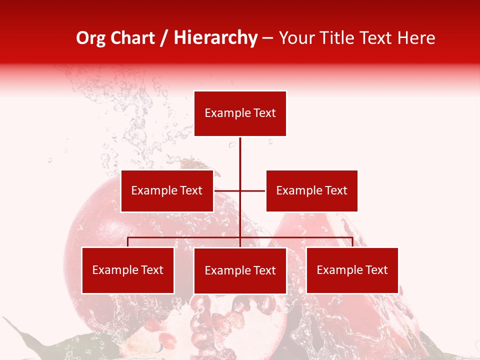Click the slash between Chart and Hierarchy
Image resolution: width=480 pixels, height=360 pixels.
click(164, 38)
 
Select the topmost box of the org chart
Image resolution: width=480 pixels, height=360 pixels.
click(240, 113)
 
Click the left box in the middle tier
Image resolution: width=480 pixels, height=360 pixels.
click(167, 190)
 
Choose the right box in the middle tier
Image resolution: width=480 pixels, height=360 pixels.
click(311, 190)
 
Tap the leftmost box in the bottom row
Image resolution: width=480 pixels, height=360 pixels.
click(128, 270)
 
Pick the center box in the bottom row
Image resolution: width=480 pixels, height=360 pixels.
click(240, 271)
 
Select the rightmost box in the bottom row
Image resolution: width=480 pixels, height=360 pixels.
click(352, 270)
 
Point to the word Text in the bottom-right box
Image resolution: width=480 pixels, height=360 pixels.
click(376, 270)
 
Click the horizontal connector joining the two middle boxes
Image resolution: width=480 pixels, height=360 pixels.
click(252, 190)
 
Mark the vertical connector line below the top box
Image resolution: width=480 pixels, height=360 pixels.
click(240, 160)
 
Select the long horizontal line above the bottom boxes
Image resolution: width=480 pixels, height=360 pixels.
click(185, 237)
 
